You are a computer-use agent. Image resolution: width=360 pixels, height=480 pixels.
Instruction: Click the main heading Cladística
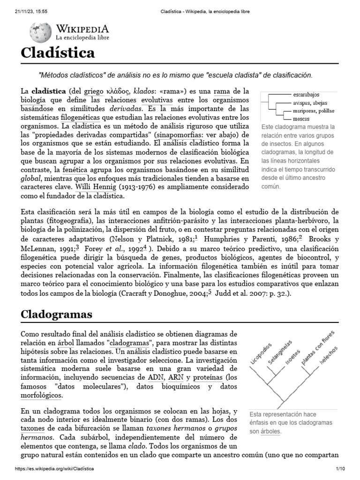click(x=58, y=52)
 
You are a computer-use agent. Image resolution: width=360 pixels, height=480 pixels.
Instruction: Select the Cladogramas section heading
click(x=56, y=314)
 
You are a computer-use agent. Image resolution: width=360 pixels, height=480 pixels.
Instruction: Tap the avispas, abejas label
click(x=310, y=103)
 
